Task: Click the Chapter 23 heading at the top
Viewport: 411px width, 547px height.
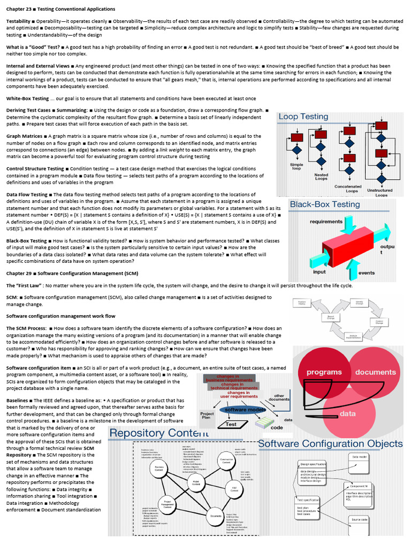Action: [60, 9]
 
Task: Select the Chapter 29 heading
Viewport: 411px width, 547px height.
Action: [72, 273]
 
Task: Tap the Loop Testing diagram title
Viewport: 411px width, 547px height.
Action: [303, 116]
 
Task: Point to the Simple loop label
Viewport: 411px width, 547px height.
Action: [296, 167]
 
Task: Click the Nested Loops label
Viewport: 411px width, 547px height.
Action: [321, 176]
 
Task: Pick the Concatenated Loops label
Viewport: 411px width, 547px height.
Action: [348, 189]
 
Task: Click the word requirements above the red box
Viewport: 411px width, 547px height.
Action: [326, 221]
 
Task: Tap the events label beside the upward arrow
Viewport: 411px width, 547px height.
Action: [366, 272]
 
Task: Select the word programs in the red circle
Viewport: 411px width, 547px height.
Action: [324, 372]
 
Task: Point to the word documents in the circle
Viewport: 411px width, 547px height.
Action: [375, 372]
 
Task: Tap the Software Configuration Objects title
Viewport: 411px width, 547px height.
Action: [330, 443]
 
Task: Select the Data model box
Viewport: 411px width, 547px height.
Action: [359, 457]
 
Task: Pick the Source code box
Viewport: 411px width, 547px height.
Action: [359, 519]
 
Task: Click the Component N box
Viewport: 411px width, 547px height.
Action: [359, 486]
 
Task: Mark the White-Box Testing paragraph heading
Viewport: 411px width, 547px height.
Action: [27, 98]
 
